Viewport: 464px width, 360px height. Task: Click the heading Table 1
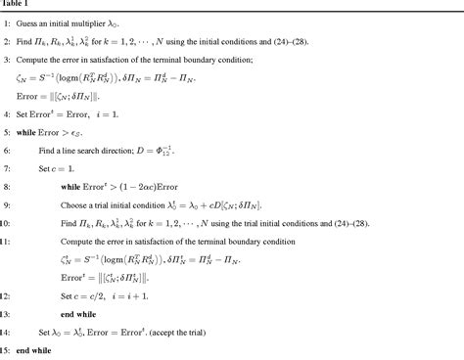point(13,5)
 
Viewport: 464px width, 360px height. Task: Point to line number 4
point(5,120)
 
